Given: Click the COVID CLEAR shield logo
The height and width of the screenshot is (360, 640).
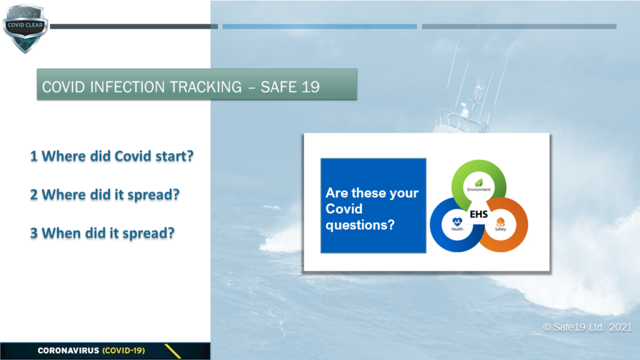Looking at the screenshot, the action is click(x=25, y=28).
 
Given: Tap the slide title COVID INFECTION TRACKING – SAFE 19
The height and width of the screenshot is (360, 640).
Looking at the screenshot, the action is click(x=181, y=87).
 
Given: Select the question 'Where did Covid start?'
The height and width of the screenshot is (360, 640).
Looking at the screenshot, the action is click(x=117, y=156).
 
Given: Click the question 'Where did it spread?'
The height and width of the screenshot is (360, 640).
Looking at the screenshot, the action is click(x=111, y=195).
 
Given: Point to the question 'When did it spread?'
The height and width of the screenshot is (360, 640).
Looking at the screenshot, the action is click(x=108, y=233).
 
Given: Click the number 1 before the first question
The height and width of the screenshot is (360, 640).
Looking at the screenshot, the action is click(x=34, y=156).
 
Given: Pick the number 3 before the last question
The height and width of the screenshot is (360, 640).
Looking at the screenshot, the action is click(x=34, y=233).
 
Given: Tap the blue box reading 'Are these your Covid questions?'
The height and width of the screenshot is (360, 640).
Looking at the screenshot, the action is click(x=374, y=206).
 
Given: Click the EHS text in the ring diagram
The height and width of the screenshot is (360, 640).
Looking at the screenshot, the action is click(x=479, y=214).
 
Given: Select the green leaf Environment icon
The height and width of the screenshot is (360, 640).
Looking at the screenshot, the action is click(x=479, y=182).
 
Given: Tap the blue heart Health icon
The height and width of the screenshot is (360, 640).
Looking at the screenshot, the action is click(x=457, y=222).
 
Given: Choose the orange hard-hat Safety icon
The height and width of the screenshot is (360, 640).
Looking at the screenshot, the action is click(x=501, y=222).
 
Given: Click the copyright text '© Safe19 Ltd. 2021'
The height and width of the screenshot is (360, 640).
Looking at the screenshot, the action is click(x=587, y=327).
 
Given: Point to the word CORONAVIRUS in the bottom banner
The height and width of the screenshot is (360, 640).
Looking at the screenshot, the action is click(x=69, y=351).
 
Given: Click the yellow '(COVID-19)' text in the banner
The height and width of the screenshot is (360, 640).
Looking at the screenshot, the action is click(x=124, y=351).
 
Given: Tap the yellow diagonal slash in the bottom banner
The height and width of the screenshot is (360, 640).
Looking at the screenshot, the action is click(x=172, y=351).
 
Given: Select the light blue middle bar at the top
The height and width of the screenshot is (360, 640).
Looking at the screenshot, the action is click(x=319, y=26).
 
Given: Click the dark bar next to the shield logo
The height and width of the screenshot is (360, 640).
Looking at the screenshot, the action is click(x=134, y=26).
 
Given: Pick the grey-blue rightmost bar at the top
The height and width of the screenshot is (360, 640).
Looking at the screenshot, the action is click(x=519, y=26).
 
